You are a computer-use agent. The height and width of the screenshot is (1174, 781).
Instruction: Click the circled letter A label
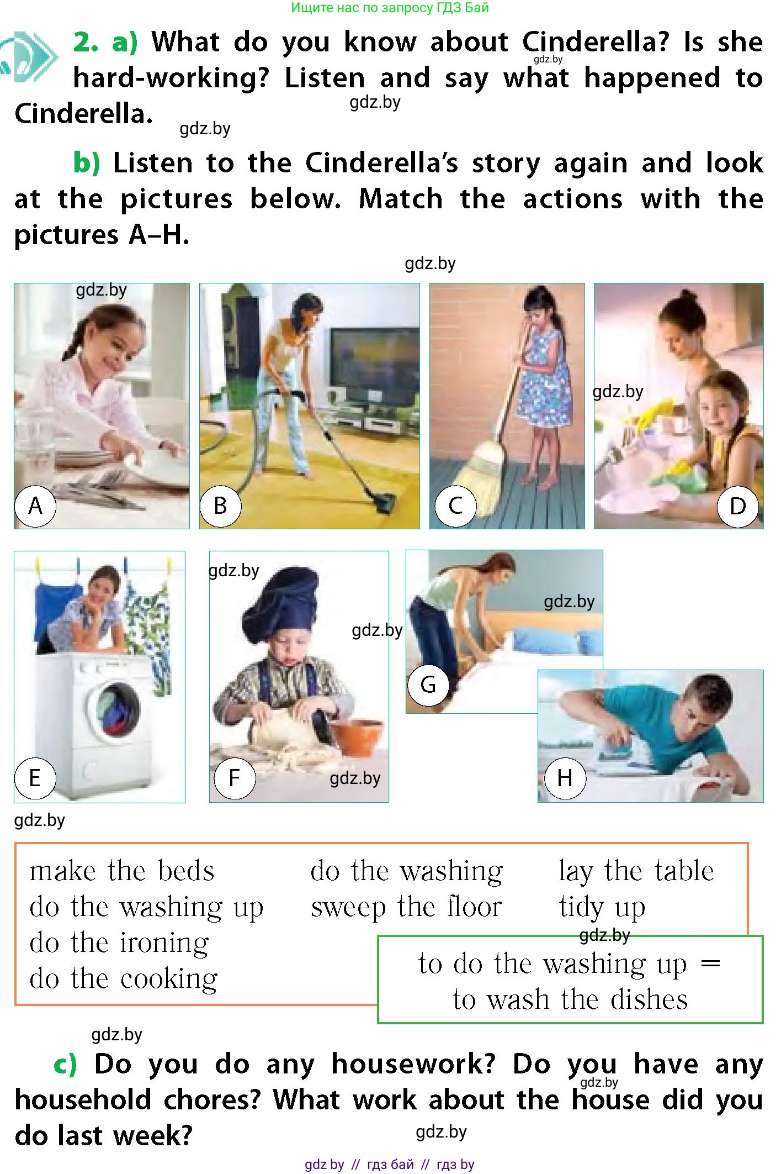pos(35,506)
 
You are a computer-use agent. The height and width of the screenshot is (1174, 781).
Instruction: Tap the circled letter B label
pos(220,506)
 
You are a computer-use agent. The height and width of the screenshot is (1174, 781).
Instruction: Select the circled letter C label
pos(455,506)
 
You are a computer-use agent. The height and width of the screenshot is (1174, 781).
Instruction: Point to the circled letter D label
pos(738,506)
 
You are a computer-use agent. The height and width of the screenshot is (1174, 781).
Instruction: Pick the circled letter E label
pos(35,778)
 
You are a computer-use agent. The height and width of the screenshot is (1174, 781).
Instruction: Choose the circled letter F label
pos(235,778)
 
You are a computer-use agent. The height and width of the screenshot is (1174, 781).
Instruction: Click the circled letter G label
pos(428,685)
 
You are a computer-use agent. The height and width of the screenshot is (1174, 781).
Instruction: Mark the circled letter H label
pos(565,778)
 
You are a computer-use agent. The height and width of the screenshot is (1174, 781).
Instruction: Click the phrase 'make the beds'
pos(122,871)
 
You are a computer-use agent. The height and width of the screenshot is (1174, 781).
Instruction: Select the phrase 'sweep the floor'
pos(407,908)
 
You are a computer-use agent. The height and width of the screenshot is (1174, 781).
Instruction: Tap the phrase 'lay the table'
pos(636,871)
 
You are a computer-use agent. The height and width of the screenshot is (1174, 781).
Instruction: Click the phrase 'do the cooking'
pos(124,979)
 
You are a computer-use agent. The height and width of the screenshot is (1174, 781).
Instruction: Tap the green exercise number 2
pos(86,42)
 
